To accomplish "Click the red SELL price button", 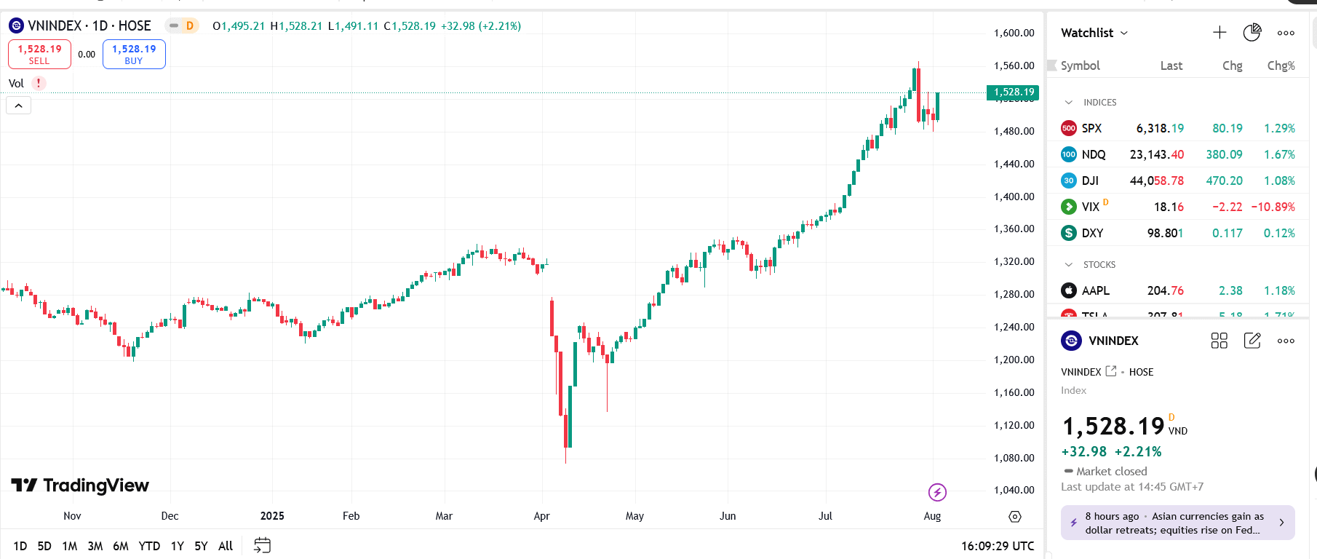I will coord(39,55).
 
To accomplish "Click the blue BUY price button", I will coord(134,55).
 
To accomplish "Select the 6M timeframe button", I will coord(121,546).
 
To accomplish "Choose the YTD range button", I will coord(149,546).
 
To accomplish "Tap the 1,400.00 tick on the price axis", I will coord(1014,197).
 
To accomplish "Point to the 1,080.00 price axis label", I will coord(1014,458).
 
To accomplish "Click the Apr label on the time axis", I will coord(541,516).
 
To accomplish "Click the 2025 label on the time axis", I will coord(272,516).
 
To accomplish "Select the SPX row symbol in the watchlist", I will coord(1091,128).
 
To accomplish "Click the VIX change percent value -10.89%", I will coord(1273,207).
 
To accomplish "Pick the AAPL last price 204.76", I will coord(1165,290).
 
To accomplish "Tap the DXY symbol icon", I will coord(1068,233).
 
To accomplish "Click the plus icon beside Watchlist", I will coord(1219,33).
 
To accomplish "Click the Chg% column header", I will coord(1281,66).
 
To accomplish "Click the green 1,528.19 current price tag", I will coord(1012,92).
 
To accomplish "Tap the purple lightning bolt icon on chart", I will coord(937,493).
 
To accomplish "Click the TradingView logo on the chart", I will coord(80,485).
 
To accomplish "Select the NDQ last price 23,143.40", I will coord(1156,154).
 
